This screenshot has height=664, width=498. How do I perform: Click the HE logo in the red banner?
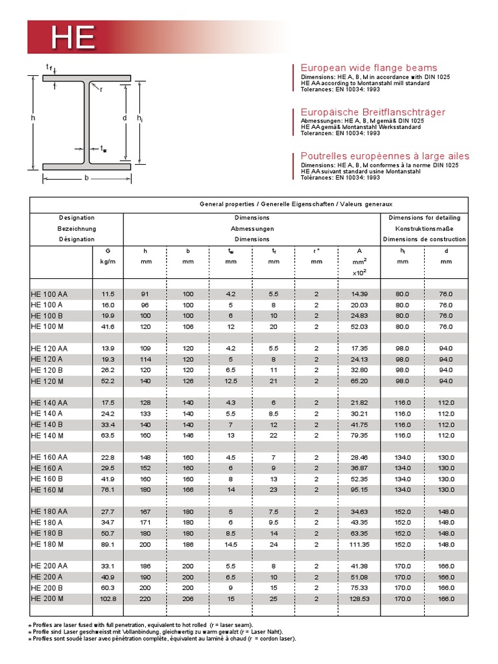pyautogui.click(x=73, y=38)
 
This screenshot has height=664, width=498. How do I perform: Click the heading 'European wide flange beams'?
pyautogui.click(x=368, y=68)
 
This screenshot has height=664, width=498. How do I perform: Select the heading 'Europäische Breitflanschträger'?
pyautogui.click(x=372, y=112)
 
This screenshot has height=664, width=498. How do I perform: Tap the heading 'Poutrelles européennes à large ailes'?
pyautogui.click(x=385, y=156)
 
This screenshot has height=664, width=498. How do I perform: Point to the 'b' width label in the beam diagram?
pyautogui.click(x=86, y=178)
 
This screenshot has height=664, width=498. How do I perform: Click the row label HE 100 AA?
pyautogui.click(x=49, y=294)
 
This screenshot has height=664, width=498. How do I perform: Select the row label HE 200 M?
pyautogui.click(x=48, y=599)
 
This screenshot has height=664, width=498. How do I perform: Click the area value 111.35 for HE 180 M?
pyautogui.click(x=359, y=544)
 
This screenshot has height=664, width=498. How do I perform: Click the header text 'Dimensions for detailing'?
pyautogui.click(x=424, y=218)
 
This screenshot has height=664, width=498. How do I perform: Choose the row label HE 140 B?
pyautogui.click(x=46, y=425)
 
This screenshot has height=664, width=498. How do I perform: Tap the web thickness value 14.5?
pyautogui.click(x=230, y=544)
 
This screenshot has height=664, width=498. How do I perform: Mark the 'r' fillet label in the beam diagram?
pyautogui.click(x=101, y=89)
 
